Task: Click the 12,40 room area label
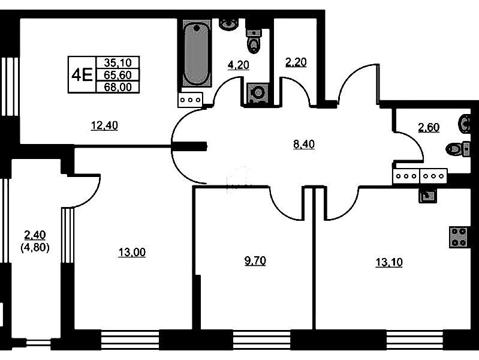point(104,125)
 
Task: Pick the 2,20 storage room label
point(296,62)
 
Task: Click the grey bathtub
point(196,57)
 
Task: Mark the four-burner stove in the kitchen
point(459,238)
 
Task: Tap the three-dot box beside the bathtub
point(191,100)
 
